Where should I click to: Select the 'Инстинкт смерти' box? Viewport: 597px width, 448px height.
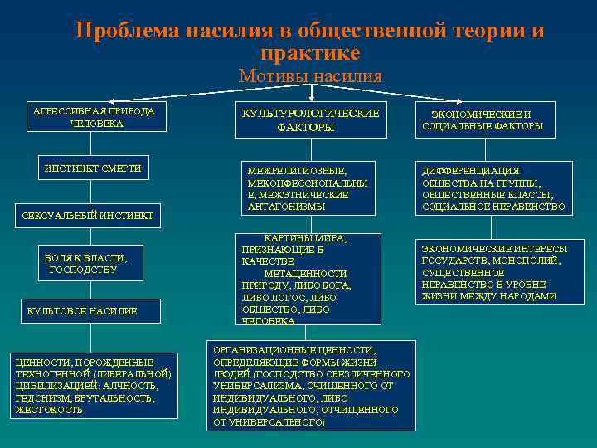click(x=93, y=169)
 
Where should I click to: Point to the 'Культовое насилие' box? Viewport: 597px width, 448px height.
click(x=82, y=311)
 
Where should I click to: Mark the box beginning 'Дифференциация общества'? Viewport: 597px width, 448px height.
click(x=493, y=188)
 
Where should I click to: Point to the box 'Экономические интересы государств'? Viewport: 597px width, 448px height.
click(x=494, y=272)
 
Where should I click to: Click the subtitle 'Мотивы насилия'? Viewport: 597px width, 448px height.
click(x=310, y=76)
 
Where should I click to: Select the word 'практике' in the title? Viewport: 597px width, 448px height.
click(x=310, y=53)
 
